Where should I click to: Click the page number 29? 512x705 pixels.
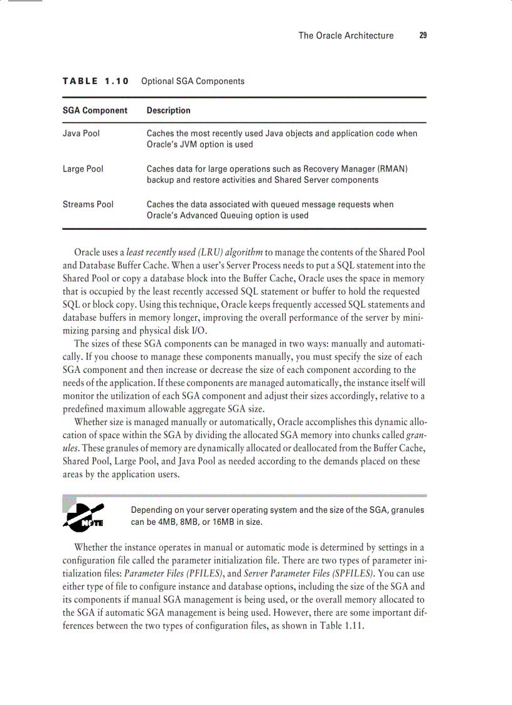(423, 36)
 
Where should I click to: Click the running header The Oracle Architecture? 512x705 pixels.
(346, 36)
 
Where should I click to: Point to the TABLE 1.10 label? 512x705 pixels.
(95, 81)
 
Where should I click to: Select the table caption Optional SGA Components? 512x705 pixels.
(193, 81)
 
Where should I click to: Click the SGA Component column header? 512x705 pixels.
(95, 110)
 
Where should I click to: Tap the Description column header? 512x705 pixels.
(168, 110)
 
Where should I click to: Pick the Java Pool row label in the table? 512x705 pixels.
(81, 133)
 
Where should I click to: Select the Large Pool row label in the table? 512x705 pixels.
(83, 169)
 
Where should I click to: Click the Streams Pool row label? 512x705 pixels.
(88, 205)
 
